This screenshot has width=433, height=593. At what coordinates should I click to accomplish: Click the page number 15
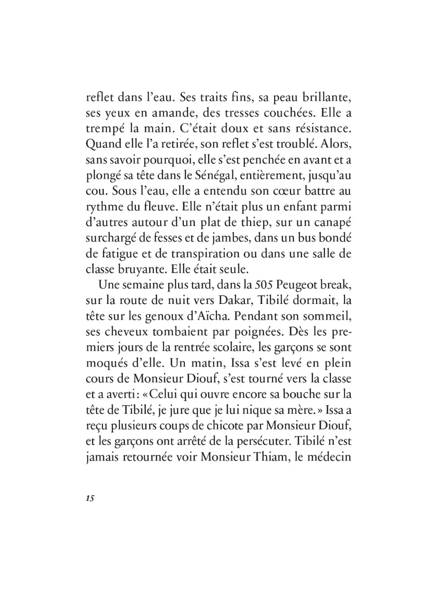89,498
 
